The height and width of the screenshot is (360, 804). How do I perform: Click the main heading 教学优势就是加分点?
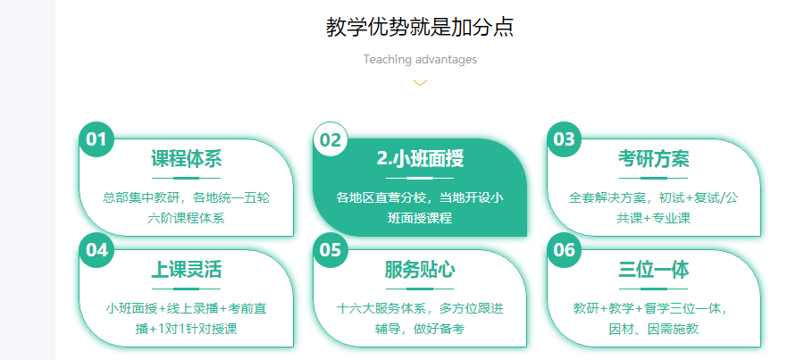(420, 27)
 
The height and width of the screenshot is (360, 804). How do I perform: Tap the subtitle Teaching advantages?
(420, 60)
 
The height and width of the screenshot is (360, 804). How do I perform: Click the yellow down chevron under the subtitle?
(420, 82)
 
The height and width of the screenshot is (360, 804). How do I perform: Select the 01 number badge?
(96, 139)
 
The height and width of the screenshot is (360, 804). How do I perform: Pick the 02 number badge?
(331, 139)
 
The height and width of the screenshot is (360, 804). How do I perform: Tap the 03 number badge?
(564, 139)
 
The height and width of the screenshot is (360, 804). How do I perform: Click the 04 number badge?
(96, 250)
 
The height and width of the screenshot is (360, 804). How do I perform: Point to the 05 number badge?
(331, 250)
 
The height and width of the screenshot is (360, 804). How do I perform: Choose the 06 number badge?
(564, 250)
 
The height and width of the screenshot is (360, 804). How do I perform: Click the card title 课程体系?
(186, 158)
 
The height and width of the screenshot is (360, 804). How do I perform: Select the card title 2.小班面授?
(420, 158)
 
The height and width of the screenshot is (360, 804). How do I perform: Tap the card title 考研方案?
(653, 158)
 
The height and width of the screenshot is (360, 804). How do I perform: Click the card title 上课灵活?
(186, 270)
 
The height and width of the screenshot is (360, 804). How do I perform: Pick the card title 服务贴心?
(420, 270)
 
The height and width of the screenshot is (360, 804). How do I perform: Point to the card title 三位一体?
(653, 270)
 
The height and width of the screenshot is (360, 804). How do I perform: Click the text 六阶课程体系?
(186, 218)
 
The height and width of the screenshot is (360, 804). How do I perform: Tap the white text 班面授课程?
(420, 218)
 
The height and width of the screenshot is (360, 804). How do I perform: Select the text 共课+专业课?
(653, 218)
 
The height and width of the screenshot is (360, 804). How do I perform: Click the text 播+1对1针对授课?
(186, 329)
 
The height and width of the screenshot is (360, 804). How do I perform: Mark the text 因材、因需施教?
(653, 329)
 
